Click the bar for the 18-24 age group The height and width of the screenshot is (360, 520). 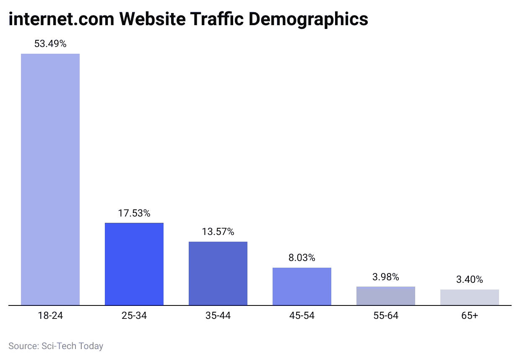(50, 179)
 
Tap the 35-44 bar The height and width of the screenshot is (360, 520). (218, 273)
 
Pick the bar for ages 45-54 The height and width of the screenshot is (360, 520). (302, 286)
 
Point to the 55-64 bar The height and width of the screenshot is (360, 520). (386, 296)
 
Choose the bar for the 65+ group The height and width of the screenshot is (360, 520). (470, 297)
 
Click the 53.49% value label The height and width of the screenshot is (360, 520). (50, 44)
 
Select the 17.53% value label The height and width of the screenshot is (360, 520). (134, 213)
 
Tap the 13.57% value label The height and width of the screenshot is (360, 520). (218, 232)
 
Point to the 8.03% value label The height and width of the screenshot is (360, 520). (302, 258)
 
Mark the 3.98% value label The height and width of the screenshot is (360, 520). (386, 277)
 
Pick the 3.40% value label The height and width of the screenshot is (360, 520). (470, 279)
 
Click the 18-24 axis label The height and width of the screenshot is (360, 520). (50, 316)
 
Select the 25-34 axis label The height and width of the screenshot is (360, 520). (134, 316)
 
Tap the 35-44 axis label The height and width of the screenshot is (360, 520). (218, 316)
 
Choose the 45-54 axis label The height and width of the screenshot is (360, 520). (302, 316)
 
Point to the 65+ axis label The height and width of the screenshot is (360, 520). (470, 316)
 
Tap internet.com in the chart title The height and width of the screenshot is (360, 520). (60, 19)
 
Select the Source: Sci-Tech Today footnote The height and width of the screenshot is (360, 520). (56, 346)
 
